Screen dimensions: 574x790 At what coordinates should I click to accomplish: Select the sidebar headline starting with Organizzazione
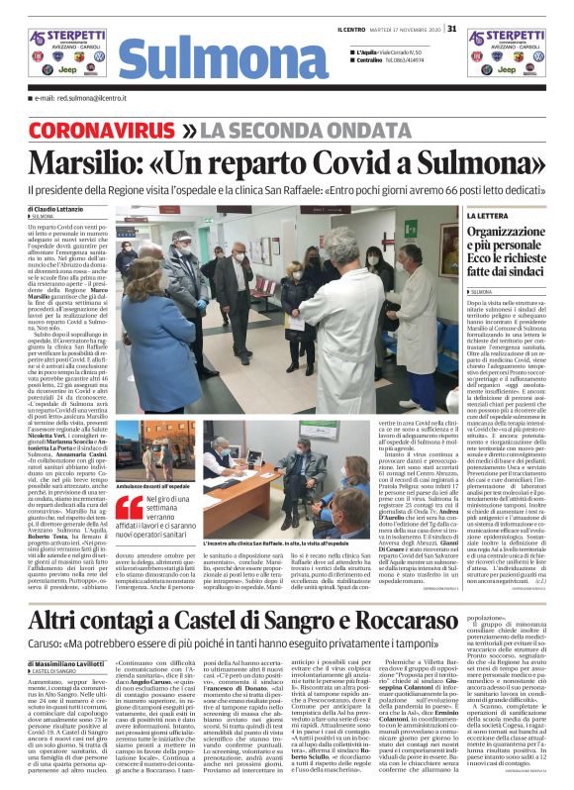pos(511,251)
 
